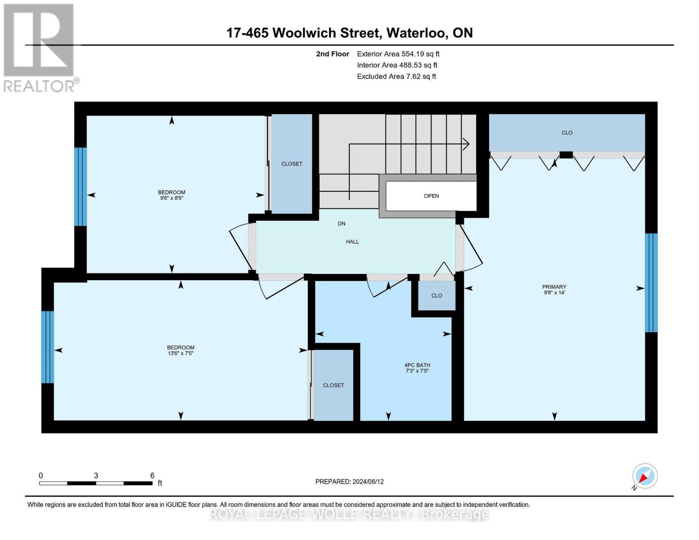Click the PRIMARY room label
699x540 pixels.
[x=554, y=287]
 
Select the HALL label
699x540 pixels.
[x=352, y=242]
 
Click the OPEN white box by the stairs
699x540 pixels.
[x=431, y=196]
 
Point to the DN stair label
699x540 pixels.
[x=342, y=224]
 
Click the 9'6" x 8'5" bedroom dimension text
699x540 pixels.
[x=171, y=198]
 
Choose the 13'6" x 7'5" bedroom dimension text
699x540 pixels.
[x=180, y=354]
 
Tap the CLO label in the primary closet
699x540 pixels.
[x=567, y=133]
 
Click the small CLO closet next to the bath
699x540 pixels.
[x=437, y=296]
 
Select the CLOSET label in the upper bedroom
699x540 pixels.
[x=292, y=164]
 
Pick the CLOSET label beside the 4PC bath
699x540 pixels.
[x=334, y=385]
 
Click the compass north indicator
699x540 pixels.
[x=645, y=476]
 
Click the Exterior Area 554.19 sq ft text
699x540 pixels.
[x=398, y=54]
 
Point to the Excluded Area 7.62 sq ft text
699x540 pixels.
[x=396, y=76]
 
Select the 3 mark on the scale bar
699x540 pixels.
[x=96, y=476]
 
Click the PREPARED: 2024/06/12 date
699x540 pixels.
[x=349, y=481]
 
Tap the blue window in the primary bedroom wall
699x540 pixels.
[x=651, y=283]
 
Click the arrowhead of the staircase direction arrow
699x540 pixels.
[x=467, y=144]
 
